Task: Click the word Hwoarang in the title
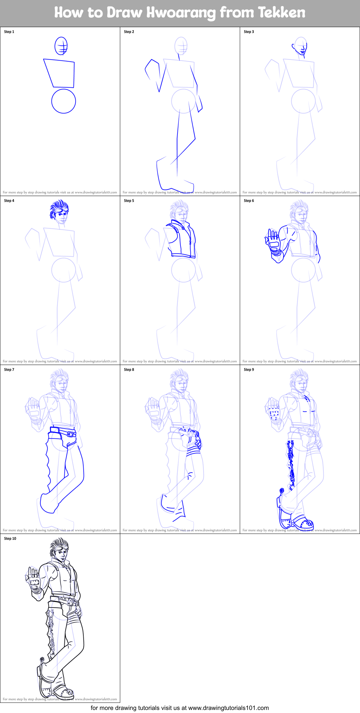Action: pos(181,13)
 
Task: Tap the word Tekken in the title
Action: pos(281,13)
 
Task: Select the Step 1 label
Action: pos(9,32)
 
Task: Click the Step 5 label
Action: pos(129,201)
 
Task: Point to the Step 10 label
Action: pos(10,539)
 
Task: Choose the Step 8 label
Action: pos(129,370)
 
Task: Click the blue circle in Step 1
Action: pos(64,101)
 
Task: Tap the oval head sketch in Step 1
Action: pos(61,46)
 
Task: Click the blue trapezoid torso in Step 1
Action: pos(61,73)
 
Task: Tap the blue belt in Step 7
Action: pos(63,432)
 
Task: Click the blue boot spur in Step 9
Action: pos(281,491)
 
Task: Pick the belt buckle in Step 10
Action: pos(70,603)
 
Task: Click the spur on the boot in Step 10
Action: pos(42,659)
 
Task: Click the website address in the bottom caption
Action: pos(228,708)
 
